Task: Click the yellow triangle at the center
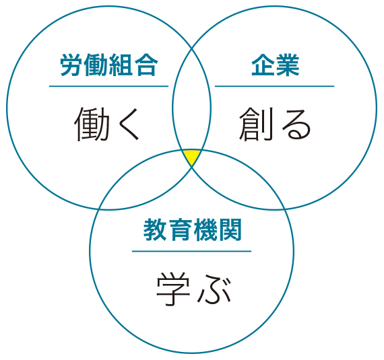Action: pos(192,157)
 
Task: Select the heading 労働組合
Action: pos(108,65)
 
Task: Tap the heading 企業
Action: pos(276,65)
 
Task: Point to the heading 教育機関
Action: pos(192,230)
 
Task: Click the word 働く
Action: pos(106,124)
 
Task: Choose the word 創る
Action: pos(275,124)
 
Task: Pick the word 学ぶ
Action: pos(193,289)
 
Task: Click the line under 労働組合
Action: pos(108,86)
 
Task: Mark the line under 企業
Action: pos(275,86)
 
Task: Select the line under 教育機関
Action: pos(192,251)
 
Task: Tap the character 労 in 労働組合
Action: pos(71,65)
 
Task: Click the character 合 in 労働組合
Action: pos(146,65)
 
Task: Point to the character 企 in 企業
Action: pos(263,65)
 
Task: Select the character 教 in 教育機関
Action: pos(155,230)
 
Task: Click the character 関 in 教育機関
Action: pos(230,230)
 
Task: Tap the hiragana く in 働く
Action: pos(129,124)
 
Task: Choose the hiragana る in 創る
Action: pos(296,124)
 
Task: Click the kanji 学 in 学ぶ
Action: pos(173,289)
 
